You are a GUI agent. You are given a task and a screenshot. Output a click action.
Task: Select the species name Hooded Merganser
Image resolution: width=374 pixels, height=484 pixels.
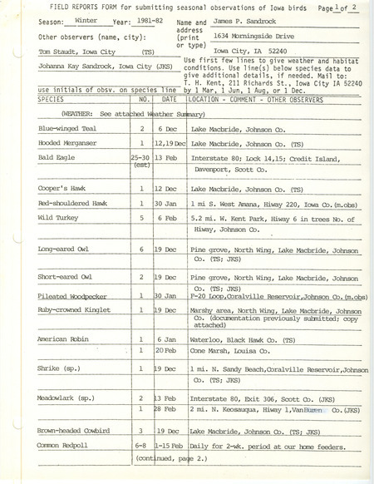click(68, 143)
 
